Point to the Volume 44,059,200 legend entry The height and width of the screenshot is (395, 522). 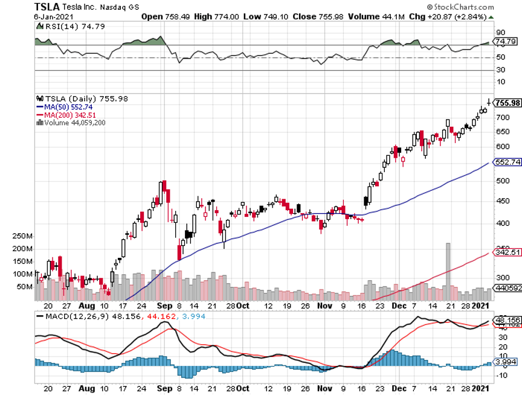click(75, 122)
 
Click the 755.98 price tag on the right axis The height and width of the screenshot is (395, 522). click(507, 103)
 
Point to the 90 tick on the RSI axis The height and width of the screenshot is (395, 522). click(500, 32)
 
